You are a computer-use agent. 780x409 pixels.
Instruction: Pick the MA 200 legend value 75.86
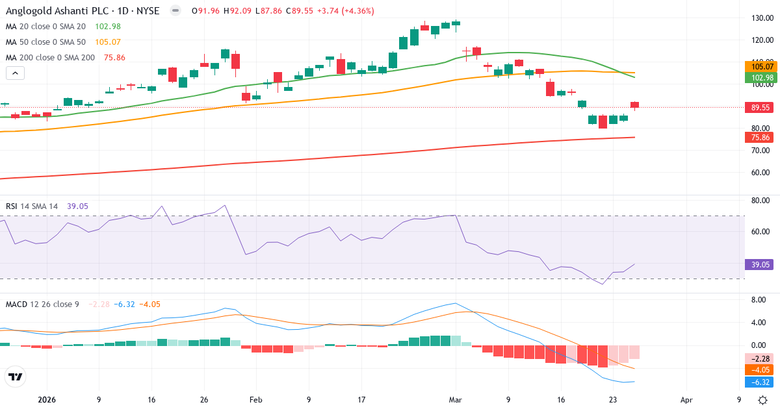[x=114, y=57]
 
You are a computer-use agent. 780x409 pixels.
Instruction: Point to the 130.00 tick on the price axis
[x=761, y=18]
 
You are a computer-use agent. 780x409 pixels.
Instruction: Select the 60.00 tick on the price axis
[x=761, y=173]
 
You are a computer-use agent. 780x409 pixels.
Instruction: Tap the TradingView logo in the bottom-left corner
[x=15, y=377]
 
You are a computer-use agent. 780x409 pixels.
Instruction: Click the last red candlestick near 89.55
[x=635, y=105]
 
